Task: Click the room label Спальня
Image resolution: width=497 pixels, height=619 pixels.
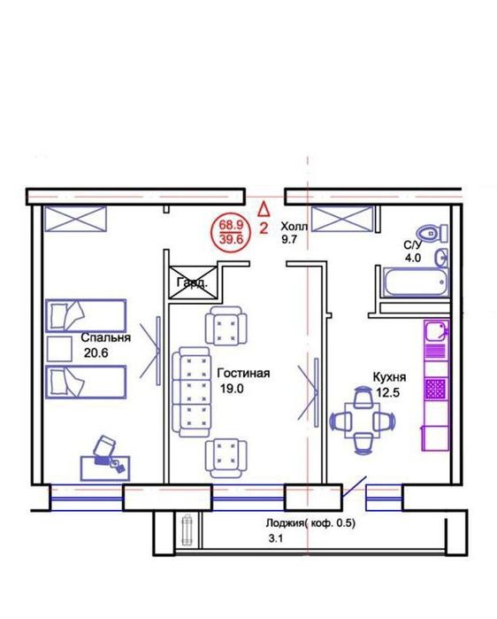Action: [x=105, y=338]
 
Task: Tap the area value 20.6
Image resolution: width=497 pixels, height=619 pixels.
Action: [x=96, y=353]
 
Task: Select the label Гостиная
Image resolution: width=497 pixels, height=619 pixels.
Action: [x=243, y=373]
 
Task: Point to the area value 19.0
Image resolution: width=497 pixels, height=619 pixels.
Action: [x=232, y=389]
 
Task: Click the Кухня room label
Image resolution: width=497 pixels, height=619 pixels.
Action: [x=389, y=377]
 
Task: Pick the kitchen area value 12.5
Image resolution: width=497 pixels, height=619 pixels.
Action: [x=388, y=393]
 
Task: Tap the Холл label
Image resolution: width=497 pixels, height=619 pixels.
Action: [x=294, y=227]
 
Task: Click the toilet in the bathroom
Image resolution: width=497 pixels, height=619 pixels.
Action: [x=432, y=233]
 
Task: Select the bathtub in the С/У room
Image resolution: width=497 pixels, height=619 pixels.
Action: [x=417, y=282]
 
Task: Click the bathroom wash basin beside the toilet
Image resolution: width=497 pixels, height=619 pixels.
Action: [x=441, y=257]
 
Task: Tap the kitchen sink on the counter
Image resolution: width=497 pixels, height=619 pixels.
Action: [x=436, y=330]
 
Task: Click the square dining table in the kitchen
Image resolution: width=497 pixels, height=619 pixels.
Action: [x=363, y=421]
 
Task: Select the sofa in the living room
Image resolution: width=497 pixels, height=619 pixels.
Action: [x=190, y=392]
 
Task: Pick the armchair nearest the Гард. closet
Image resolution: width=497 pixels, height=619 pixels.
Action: [x=226, y=325]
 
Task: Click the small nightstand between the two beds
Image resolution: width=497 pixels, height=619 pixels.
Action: [x=59, y=349]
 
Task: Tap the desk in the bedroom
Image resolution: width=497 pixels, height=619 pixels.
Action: [x=105, y=468]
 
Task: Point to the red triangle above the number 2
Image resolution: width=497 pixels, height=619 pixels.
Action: [x=264, y=208]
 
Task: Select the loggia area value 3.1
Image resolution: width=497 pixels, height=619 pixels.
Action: [x=276, y=538]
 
